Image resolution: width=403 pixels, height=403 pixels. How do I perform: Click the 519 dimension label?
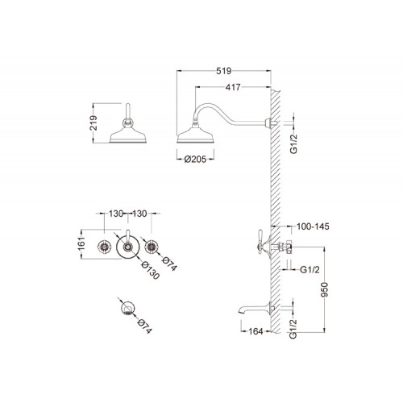tap(224, 71)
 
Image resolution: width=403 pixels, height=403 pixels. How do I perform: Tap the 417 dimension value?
tap(233, 87)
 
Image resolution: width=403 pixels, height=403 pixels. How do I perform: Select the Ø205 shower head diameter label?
tap(195, 160)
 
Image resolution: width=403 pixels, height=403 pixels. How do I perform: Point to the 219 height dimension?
tap(93, 123)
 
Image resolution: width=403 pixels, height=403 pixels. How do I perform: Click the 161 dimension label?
tap(82, 244)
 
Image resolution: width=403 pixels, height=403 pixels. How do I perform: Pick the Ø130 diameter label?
tap(151, 270)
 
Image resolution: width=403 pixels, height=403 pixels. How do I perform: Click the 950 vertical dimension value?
tap(325, 289)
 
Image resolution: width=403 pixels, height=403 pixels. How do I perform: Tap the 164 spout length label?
tap(256, 331)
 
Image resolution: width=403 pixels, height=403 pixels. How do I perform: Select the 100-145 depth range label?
tap(313, 226)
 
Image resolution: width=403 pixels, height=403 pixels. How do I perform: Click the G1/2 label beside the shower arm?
tap(294, 144)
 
